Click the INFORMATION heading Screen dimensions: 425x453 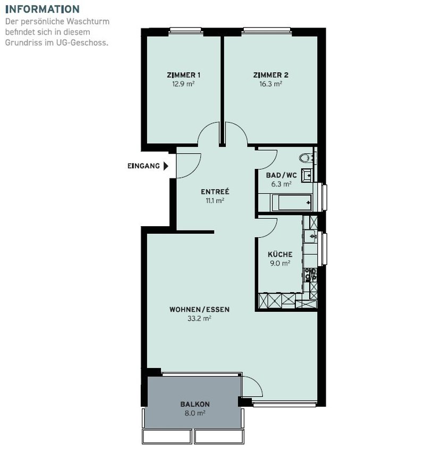coord(42,9)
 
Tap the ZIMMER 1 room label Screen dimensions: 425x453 coord(183,75)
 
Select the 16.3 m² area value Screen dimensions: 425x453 coord(270,84)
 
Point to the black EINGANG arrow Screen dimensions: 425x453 coord(166,166)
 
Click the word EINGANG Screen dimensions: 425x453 coord(143,166)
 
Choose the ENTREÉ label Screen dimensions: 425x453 coord(215,192)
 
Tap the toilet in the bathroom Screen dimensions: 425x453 coord(305,158)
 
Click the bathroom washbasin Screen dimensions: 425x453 coord(307,175)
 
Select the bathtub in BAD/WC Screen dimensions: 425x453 coord(291,202)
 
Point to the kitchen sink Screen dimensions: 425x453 coord(311,236)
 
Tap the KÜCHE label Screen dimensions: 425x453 coord(280,254)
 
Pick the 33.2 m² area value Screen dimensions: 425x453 coord(199,319)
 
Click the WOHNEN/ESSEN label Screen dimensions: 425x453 coord(199,310)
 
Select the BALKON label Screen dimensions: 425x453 coord(195,404)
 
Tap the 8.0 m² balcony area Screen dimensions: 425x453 coord(195,413)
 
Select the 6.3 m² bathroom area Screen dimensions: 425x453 coord(281,184)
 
